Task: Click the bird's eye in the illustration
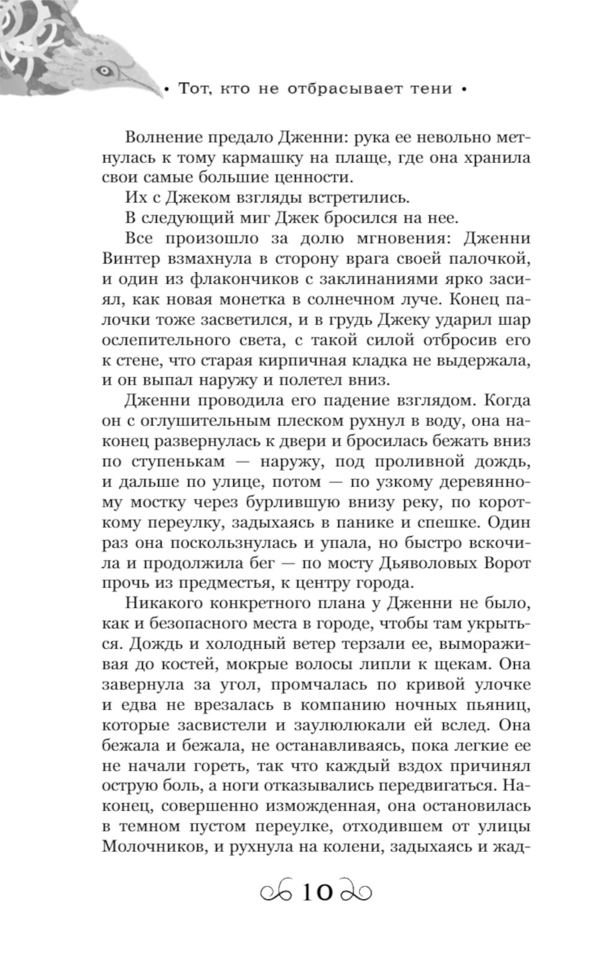click(x=105, y=70)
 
